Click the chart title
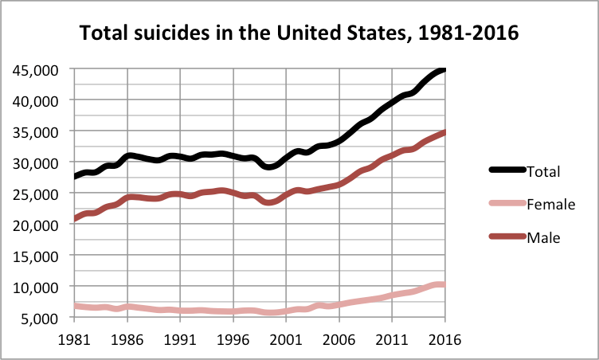pos(299,34)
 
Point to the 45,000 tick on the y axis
pos(36,70)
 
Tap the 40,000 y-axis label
pos(36,101)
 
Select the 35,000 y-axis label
pos(36,132)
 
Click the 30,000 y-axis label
pos(36,163)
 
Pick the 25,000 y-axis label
pos(36,194)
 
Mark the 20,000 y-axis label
pos(36,225)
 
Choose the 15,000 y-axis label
pos(36,256)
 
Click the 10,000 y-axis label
pos(36,288)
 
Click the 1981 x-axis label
pos(74,338)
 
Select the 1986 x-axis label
pos(127,338)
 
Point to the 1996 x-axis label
pos(233,338)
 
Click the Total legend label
pos(545,171)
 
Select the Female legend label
pos(551,205)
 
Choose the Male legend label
pos(544,237)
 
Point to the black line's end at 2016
pos(444,69)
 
